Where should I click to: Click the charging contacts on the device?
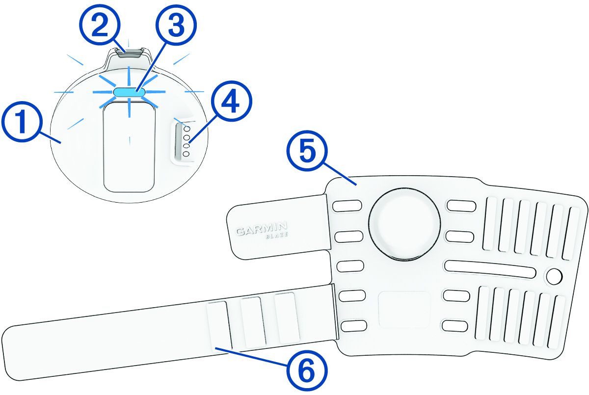[x=186, y=141]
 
